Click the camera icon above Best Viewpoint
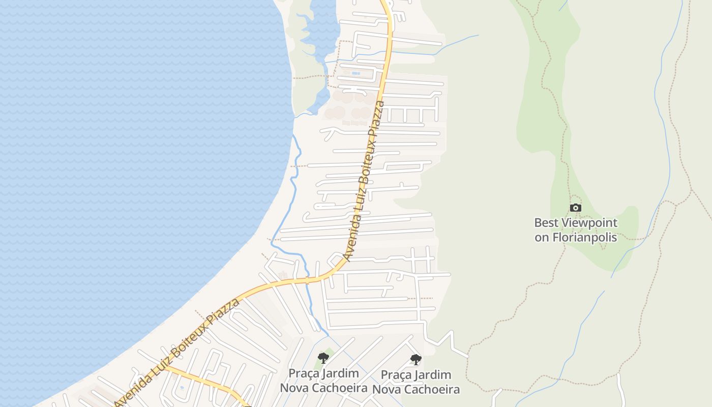pos(575,208)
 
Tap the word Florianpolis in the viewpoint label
pos(584,238)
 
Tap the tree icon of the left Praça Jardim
pos(323,358)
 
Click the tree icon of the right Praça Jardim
pos(416,360)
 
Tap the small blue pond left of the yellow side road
pos(182,387)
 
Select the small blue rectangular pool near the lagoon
pos(355,73)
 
